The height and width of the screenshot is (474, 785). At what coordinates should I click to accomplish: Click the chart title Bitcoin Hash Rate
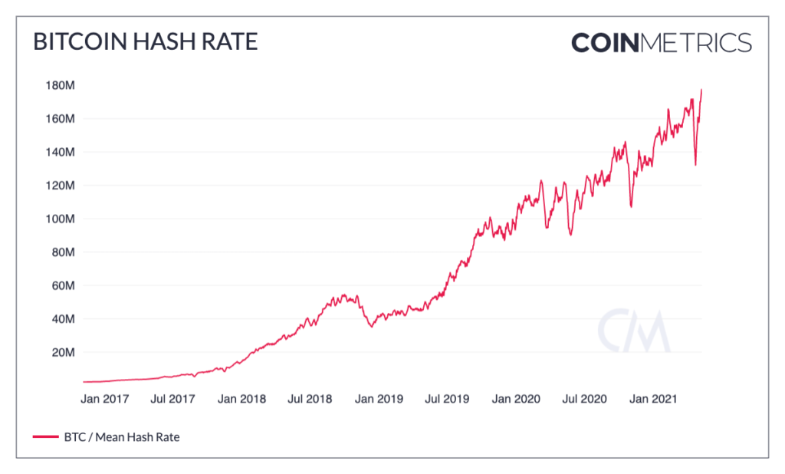pos(145,42)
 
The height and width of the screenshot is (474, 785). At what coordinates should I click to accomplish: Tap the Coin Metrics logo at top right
pos(661,42)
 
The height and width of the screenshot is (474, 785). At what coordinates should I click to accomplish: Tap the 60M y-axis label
pos(61,285)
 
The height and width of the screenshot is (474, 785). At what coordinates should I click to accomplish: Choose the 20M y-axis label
pos(61,352)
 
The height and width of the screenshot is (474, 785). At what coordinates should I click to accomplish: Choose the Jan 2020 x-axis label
pos(516,399)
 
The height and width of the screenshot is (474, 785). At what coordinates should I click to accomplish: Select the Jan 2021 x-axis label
pos(653,399)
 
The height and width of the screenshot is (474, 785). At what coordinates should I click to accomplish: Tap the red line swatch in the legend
pos(45,437)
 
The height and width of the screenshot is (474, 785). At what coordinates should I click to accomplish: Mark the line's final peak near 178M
pos(701,91)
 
